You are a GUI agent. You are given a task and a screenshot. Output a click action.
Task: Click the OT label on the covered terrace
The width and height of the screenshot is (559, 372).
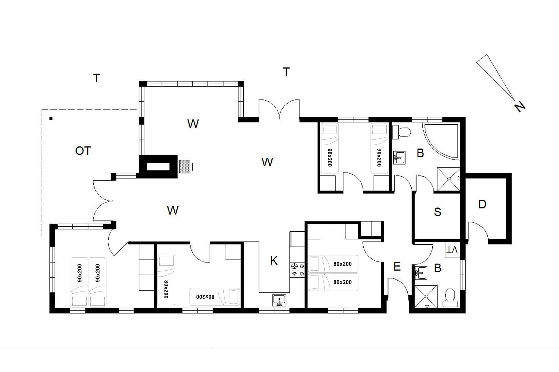tap(83, 151)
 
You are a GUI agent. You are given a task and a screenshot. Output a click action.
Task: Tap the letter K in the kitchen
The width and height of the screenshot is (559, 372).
tap(274, 261)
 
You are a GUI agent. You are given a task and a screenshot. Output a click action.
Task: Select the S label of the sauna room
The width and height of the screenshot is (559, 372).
tap(437, 212)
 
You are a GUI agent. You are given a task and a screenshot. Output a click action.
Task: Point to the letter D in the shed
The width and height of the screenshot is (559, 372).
tap(482, 204)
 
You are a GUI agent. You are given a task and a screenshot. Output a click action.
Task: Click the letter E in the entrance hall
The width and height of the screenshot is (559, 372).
tap(397, 267)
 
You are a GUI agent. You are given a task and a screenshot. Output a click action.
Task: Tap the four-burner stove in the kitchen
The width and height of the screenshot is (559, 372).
tap(297, 269)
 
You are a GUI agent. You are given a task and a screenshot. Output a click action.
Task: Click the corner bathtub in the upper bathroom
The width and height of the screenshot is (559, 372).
tap(441, 142)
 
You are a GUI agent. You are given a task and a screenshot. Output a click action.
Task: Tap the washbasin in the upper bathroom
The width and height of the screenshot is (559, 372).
tap(399, 158)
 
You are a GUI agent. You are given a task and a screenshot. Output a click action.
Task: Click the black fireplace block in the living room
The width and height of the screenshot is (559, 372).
tap(158, 167)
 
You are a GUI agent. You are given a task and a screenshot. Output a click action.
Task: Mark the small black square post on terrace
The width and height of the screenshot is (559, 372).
tap(51, 118)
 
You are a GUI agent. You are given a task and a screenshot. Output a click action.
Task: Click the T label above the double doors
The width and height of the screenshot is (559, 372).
tap(286, 71)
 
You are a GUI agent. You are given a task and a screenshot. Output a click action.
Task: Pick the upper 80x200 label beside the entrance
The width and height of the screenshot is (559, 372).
tap(342, 264)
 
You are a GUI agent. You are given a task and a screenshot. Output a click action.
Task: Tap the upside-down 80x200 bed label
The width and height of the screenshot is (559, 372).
tap(205, 297)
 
